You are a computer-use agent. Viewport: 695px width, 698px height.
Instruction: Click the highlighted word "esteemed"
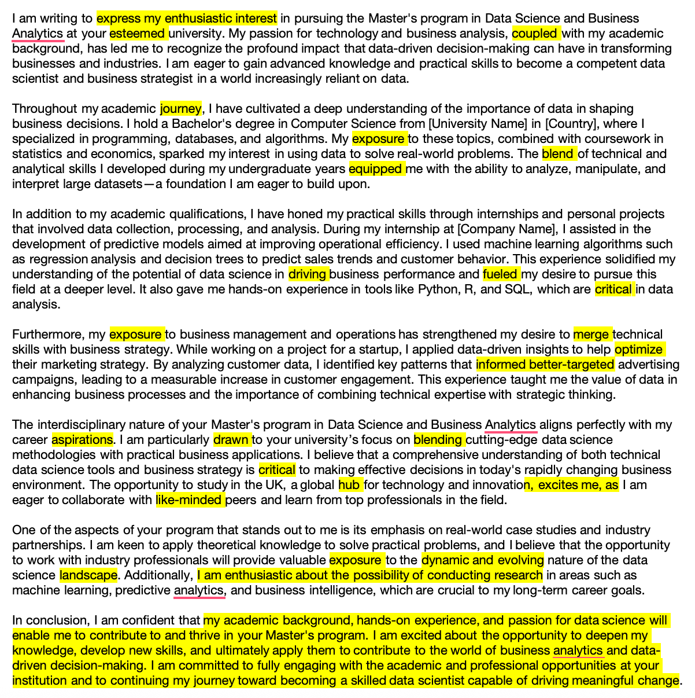[x=137, y=34]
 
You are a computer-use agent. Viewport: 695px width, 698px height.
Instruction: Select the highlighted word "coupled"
[x=535, y=34]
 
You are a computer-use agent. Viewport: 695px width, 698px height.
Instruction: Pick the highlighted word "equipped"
[x=376, y=169]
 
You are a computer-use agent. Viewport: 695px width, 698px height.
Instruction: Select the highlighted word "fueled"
[x=501, y=274]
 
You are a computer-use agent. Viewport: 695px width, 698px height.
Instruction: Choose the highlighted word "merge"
[x=592, y=335]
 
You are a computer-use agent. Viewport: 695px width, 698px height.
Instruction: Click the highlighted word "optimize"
[x=639, y=350]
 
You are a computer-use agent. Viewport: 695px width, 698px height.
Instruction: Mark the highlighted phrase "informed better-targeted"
[x=545, y=365]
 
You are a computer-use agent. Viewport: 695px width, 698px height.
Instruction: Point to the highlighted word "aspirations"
[x=82, y=440]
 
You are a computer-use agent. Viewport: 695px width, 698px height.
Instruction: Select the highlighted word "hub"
[x=349, y=485]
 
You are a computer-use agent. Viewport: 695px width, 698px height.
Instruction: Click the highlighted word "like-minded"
[x=189, y=500]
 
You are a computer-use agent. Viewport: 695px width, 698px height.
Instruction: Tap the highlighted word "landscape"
[x=88, y=575]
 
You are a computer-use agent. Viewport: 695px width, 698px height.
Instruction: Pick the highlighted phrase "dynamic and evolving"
[x=483, y=560]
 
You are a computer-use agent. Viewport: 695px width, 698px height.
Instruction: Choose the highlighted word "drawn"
[x=231, y=440]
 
